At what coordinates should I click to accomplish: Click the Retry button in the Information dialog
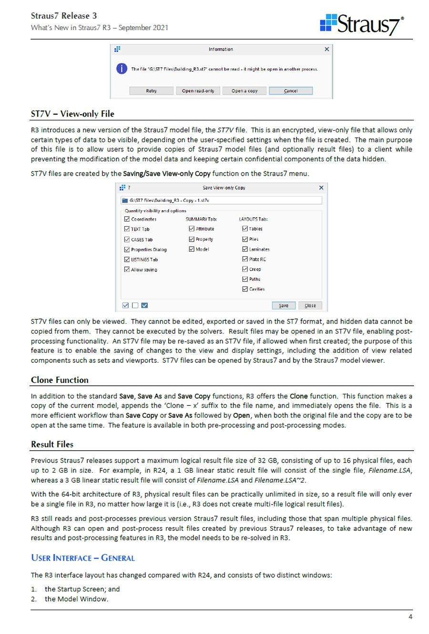151,91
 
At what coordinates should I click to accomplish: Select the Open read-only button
198,91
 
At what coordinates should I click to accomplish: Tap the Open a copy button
245,91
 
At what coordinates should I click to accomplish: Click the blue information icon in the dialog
122,69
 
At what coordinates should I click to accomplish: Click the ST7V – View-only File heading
72,114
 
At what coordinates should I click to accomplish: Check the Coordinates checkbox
127,219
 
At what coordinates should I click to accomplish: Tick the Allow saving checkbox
127,269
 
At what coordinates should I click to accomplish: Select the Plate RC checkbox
245,259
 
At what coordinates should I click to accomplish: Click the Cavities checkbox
245,289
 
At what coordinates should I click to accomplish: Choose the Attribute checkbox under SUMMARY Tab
192,229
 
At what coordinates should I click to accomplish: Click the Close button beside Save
310,306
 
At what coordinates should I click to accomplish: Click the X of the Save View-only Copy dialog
321,188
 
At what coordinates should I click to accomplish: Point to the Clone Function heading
60,380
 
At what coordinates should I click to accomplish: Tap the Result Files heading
52,444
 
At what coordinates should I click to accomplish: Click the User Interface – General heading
82,558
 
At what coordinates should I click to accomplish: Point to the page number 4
410,617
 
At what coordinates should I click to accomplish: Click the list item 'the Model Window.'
76,599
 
